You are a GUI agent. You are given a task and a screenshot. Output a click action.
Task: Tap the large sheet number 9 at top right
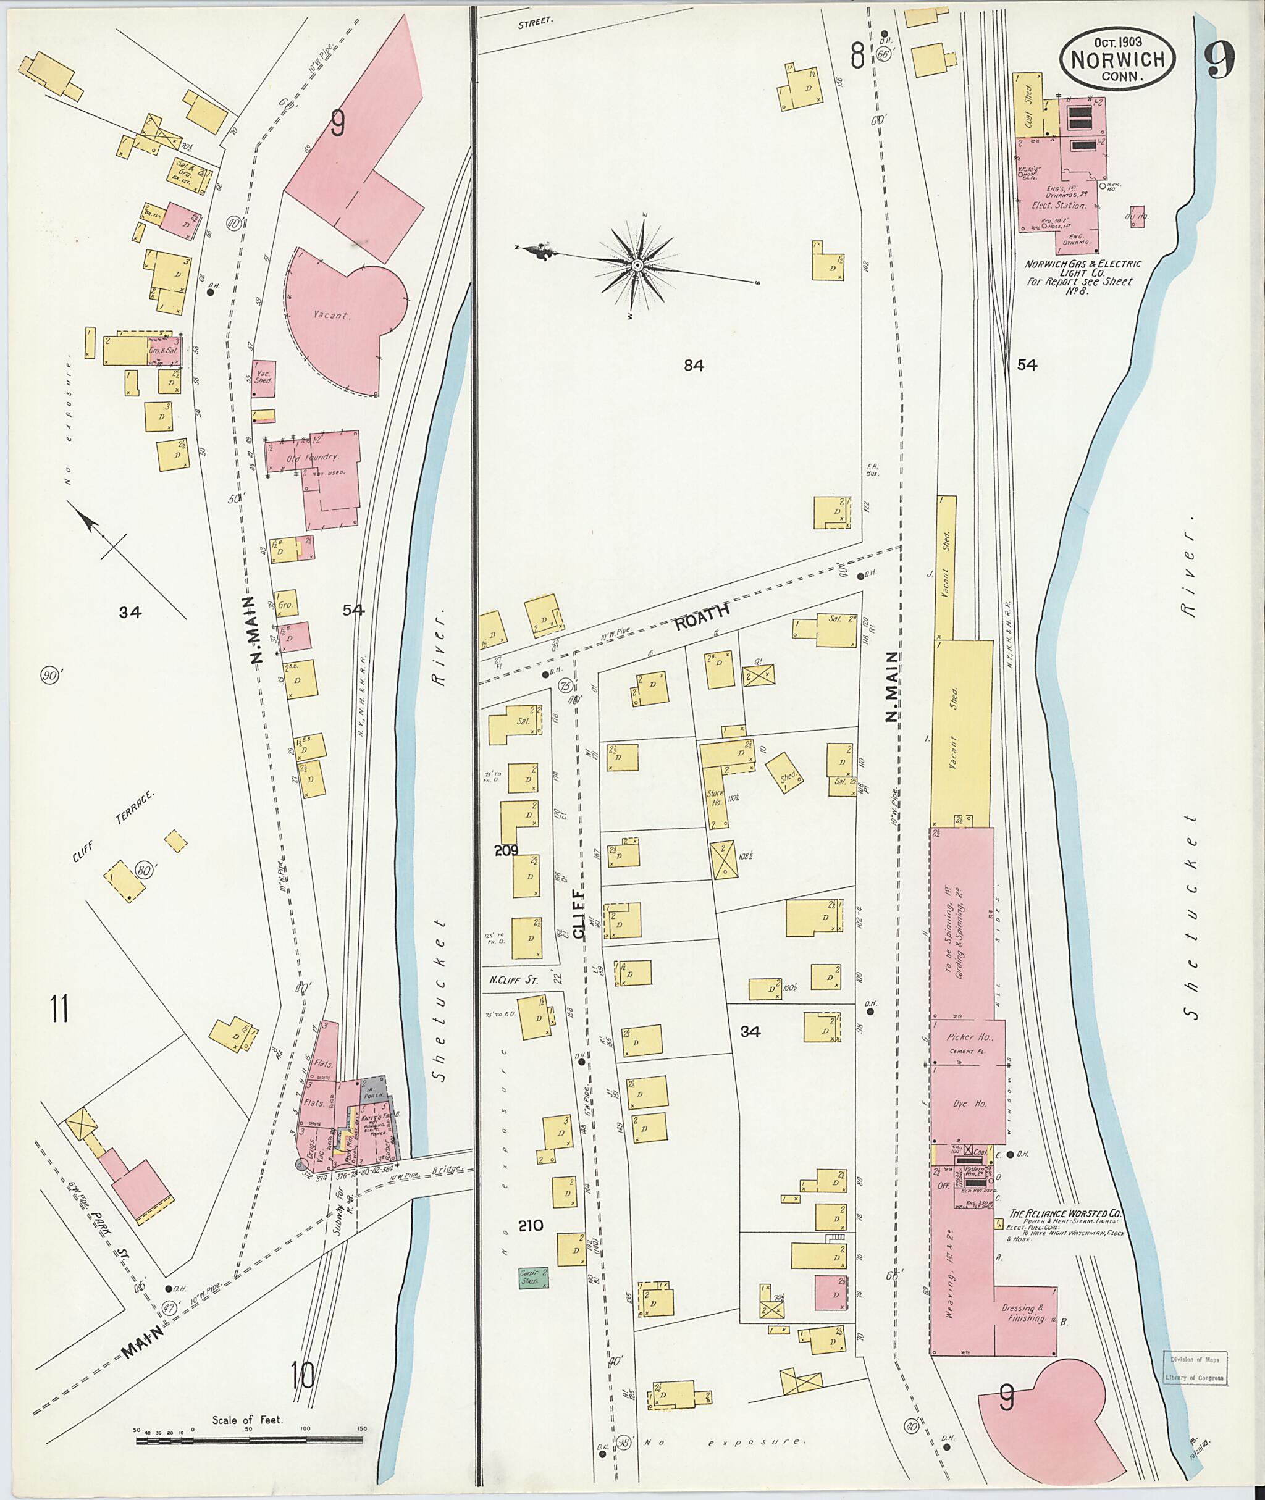1219,61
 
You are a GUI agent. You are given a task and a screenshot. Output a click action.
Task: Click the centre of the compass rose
637,266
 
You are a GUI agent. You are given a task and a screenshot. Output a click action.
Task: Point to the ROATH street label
703,616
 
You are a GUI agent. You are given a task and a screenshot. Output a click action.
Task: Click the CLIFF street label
578,903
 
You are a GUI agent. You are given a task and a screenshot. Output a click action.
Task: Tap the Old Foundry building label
313,457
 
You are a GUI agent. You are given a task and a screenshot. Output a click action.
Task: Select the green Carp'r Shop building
534,1277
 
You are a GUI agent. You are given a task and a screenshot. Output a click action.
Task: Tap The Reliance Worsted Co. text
1065,1214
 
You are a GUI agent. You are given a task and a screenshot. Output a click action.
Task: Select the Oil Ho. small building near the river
1136,215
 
